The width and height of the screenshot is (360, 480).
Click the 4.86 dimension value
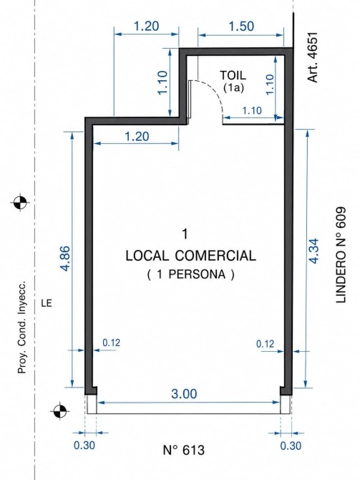point(67,259)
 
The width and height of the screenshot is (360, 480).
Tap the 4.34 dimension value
point(314,251)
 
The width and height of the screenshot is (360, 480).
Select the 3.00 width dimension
point(184,394)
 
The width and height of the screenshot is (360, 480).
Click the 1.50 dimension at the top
point(241,27)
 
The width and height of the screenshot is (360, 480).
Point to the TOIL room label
point(233,75)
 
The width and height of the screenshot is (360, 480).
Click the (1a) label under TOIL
point(233,88)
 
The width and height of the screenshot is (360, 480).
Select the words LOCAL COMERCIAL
point(191,256)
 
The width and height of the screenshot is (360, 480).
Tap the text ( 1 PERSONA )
point(191,274)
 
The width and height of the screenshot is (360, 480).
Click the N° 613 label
point(184,450)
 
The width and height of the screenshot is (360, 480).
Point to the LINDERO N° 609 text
point(341,255)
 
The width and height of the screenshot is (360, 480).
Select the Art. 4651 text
point(313,57)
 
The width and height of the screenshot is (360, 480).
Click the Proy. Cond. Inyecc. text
point(21,326)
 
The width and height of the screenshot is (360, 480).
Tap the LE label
point(47,303)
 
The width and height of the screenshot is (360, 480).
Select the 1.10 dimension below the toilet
point(252,110)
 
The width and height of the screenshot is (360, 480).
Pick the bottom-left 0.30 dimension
point(84,445)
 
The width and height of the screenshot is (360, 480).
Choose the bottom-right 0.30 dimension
point(291,446)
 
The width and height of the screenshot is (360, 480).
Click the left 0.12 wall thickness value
point(112,343)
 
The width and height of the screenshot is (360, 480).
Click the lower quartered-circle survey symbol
point(59,411)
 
